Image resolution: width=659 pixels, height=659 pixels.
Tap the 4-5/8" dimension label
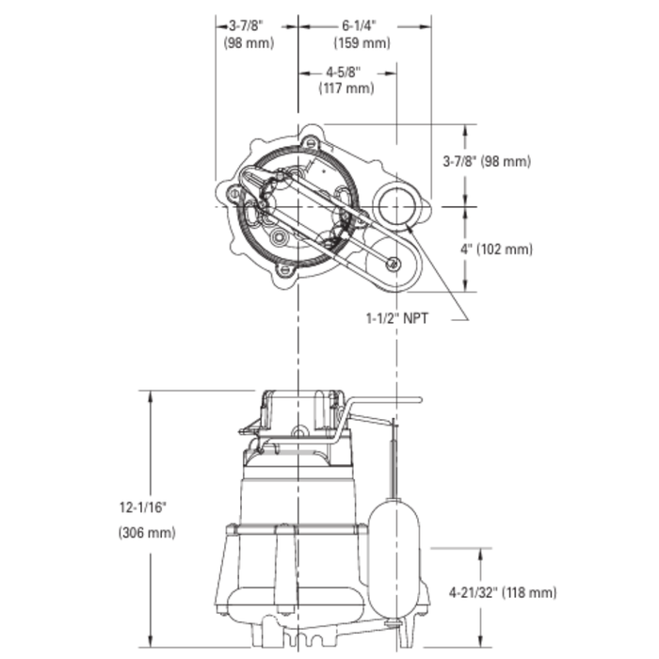tap(346, 72)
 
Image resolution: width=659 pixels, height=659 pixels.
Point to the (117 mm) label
tap(346, 88)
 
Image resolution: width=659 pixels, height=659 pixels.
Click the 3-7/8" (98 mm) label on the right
tap(487, 161)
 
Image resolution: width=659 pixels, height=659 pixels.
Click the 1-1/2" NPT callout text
tap(397, 319)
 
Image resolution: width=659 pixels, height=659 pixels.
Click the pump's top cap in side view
tap(299, 405)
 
